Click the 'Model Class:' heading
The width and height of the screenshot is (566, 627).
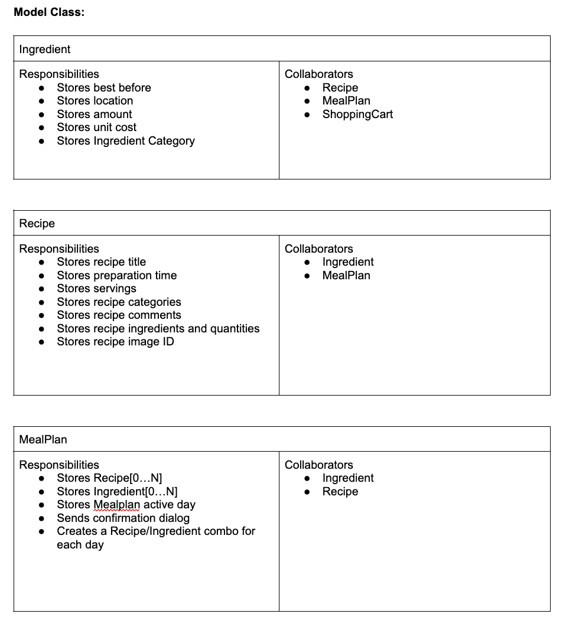[x=49, y=12]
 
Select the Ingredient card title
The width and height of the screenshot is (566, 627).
[x=44, y=50]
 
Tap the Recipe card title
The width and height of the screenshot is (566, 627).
[x=37, y=224]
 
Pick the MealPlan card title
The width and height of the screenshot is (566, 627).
[x=43, y=440]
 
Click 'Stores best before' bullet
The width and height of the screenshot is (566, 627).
[x=104, y=88]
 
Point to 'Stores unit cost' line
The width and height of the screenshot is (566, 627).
[x=96, y=128]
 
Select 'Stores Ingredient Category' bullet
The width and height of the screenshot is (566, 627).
[x=125, y=141]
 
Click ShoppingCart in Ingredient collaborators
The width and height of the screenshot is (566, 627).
[x=357, y=115]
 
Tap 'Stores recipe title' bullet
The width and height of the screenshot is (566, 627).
[x=101, y=262]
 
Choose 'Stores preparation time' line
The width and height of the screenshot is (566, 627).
[x=116, y=276]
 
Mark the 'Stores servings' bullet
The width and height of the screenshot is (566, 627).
[x=96, y=289]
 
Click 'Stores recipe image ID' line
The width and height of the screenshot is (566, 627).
[x=115, y=342]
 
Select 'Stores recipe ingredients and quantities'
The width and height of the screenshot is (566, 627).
[x=158, y=329]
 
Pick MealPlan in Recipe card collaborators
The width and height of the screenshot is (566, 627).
[x=346, y=276]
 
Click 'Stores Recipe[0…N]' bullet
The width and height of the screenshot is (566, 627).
[x=109, y=478]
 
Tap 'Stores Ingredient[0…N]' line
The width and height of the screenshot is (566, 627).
[x=117, y=492]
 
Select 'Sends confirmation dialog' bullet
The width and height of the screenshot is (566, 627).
[x=123, y=518]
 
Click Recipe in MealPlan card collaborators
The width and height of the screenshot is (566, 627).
[x=340, y=492]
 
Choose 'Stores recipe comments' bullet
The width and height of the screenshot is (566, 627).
[x=119, y=315]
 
